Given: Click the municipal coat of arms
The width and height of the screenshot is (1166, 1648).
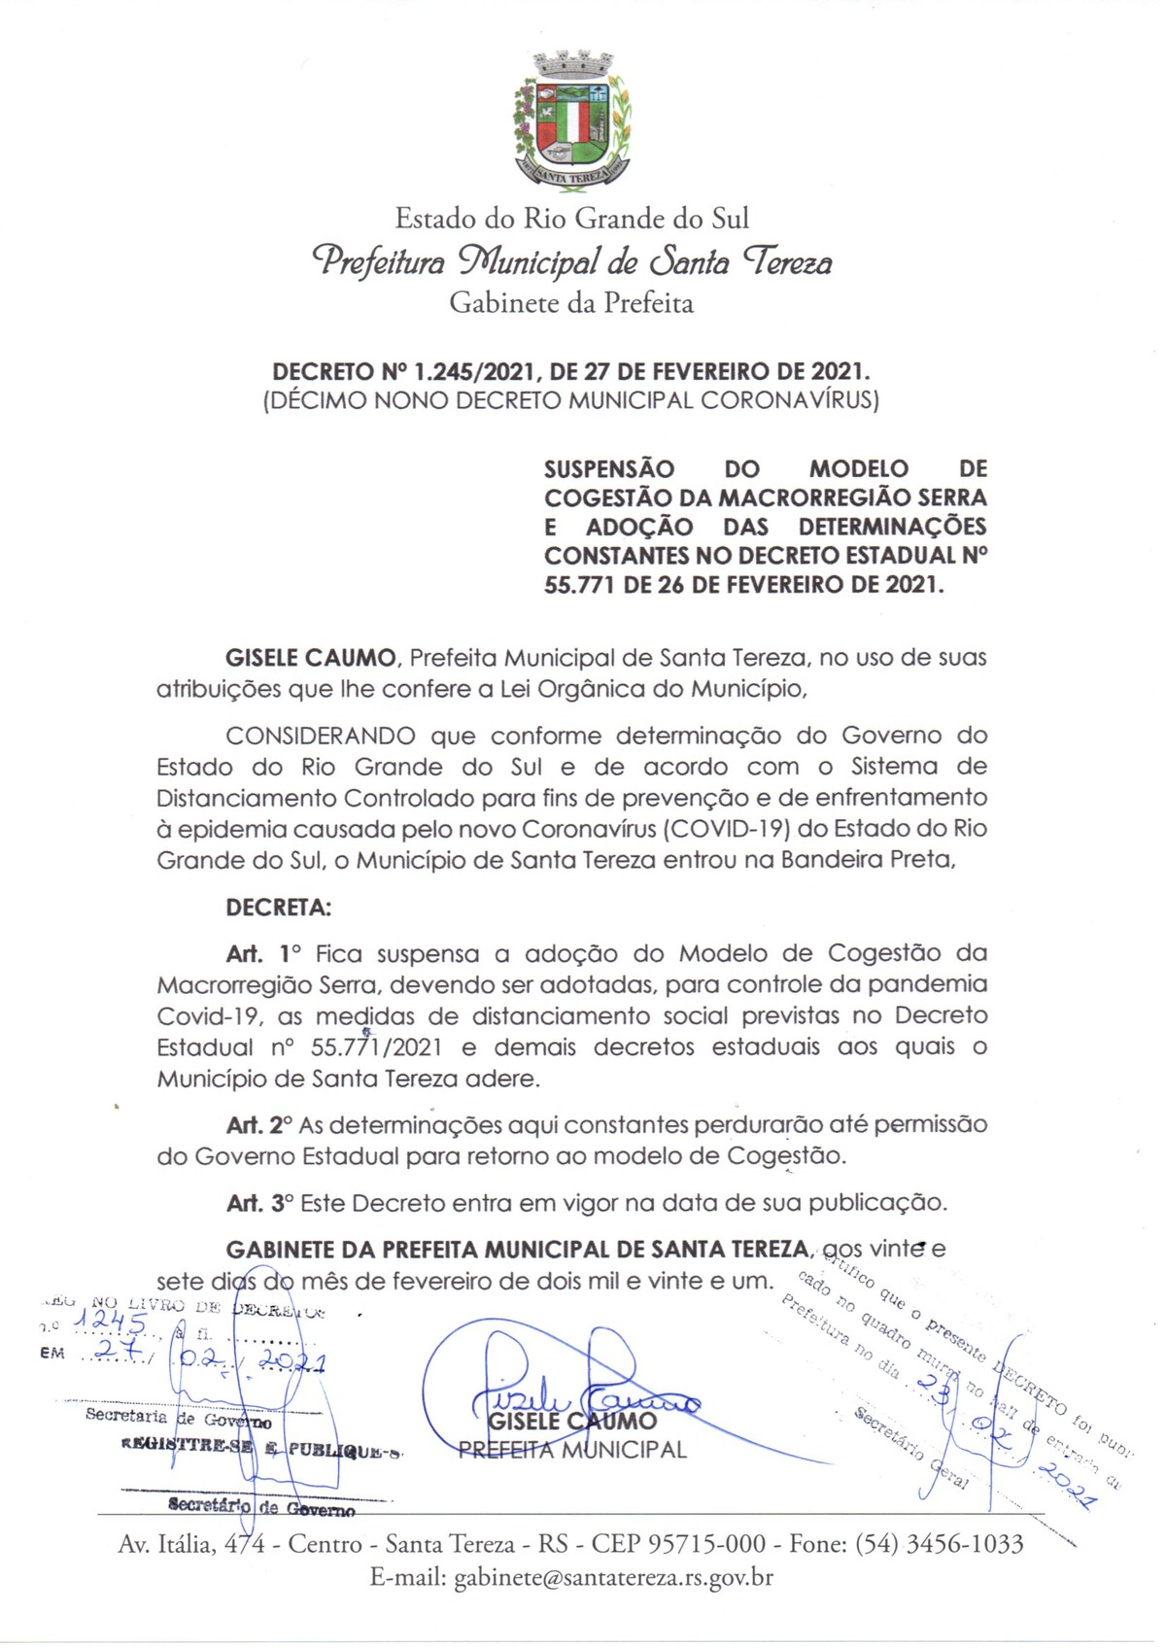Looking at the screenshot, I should [x=571, y=120].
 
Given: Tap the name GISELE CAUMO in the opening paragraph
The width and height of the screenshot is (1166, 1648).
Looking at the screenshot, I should [x=310, y=658].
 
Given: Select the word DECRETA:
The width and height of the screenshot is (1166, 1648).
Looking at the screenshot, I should [x=278, y=908].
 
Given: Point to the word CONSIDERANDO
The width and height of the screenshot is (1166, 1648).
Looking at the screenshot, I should [x=321, y=736].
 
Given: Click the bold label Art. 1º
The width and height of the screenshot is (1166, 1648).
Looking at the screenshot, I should [x=263, y=953].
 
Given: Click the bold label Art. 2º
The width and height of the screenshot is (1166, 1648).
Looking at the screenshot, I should [x=258, y=1125].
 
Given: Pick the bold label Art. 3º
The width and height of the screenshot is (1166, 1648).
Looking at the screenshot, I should [x=258, y=1203].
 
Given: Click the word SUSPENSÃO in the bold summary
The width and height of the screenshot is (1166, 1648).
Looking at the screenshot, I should [x=609, y=469].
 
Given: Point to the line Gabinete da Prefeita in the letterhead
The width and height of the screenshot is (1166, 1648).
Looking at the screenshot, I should [x=571, y=303].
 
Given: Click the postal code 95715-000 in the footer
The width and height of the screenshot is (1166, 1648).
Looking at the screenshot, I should [x=678, y=1544].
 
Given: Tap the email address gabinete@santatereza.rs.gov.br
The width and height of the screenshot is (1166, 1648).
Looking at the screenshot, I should [x=613, y=1577].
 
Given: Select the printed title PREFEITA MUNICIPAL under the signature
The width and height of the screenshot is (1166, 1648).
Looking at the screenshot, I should [x=572, y=1450].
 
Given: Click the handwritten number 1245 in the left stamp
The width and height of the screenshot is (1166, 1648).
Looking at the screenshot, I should [x=112, y=1322].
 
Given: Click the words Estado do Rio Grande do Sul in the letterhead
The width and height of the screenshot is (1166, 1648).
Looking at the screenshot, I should [x=571, y=218].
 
